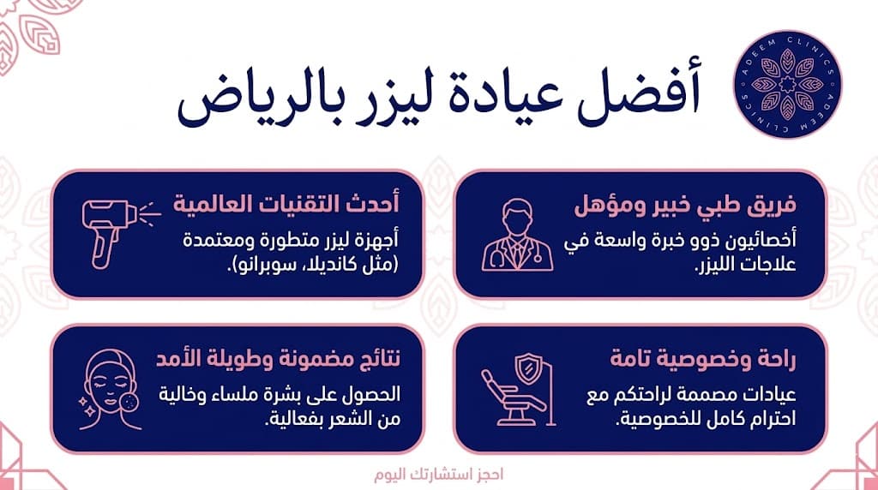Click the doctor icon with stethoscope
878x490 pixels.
[514, 233]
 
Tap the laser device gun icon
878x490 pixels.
[114, 226]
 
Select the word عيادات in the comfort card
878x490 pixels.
[775, 396]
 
